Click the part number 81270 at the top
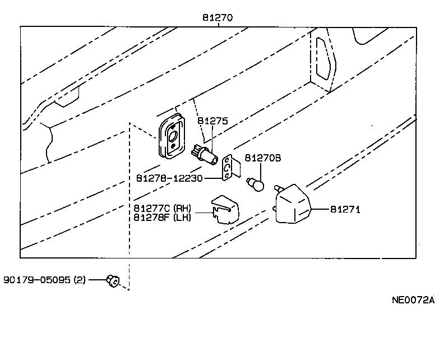click(218, 18)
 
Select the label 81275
click(212, 121)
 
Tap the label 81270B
click(263, 158)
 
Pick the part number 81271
click(344, 209)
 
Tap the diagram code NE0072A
click(413, 299)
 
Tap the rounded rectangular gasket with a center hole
click(171, 135)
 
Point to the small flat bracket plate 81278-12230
click(230, 168)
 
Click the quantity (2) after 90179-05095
click(79, 279)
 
